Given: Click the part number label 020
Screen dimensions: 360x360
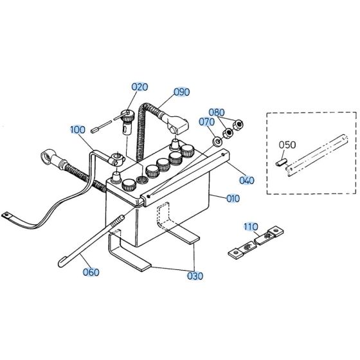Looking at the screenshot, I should pos(139,87).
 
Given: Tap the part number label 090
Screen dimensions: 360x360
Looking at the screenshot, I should pos(181,92).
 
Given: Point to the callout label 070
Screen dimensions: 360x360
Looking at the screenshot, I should pos(206,121).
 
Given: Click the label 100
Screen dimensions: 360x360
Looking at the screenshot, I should pos(77,130).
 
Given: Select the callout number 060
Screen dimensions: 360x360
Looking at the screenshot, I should pos(91,272).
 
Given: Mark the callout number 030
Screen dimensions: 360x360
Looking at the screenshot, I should pos(195,276).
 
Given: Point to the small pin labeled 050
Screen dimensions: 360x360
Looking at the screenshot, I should pos(280,163).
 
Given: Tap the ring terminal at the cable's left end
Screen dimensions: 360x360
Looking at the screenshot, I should pos(49,156).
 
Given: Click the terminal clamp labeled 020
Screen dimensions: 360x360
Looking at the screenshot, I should pos(127,120).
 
